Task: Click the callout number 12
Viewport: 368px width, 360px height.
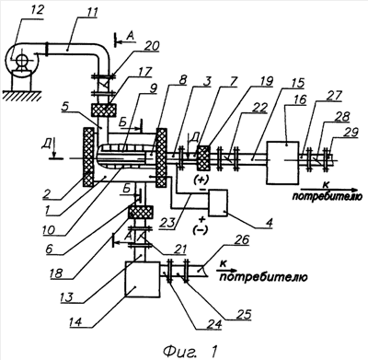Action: coord(36,10)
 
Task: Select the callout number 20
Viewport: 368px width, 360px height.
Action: coord(151,46)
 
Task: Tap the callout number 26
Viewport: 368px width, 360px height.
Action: coord(241,240)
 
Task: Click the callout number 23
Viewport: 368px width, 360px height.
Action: coord(167,223)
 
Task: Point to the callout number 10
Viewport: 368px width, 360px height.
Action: coord(51,229)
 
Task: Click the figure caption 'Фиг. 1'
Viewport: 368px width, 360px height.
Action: coord(190,350)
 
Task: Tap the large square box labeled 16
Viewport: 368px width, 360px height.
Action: coord(282,163)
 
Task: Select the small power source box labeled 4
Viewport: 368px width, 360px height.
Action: coord(218,203)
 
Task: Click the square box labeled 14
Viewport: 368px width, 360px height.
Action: coord(143,279)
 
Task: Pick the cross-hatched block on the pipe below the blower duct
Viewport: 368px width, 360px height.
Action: coord(104,110)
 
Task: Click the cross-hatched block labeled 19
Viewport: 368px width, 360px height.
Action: coord(203,157)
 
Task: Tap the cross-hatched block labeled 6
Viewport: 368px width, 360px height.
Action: coord(141,212)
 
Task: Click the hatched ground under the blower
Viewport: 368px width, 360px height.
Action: coord(21,96)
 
